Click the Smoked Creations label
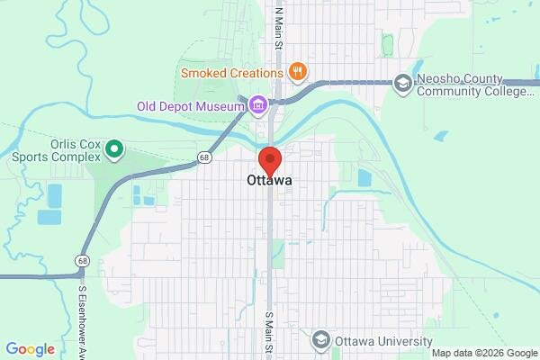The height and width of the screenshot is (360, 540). point(233,70)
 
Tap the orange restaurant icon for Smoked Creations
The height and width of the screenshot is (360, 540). point(298,70)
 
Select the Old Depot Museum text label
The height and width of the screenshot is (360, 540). point(190,106)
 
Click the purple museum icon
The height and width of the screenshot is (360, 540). point(258,106)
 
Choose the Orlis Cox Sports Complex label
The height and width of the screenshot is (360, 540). point(52,148)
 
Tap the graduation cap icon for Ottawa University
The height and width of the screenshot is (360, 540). point(320,340)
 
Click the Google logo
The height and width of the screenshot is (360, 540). point(30,349)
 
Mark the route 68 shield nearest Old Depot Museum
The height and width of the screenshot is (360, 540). point(205,158)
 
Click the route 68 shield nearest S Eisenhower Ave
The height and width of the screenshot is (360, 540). point(83,260)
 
